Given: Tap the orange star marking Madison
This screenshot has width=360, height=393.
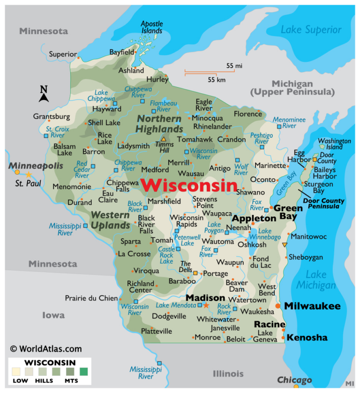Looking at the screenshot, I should [206, 305].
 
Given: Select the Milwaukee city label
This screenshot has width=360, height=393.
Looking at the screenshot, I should [312, 306].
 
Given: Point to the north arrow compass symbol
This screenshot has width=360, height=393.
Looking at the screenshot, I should [44, 94].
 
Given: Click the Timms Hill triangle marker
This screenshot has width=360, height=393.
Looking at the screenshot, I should [164, 139].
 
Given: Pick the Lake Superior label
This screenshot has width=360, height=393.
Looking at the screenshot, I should [311, 30].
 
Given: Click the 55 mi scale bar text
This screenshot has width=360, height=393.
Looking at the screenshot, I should [234, 66].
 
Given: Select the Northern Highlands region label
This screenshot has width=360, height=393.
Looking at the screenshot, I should [159, 124].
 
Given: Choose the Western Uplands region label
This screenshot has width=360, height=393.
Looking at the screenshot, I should [110, 221].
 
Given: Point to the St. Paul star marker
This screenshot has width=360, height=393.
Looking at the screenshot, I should [28, 174].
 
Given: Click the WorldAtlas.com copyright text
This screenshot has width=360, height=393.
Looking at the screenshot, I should [45, 349].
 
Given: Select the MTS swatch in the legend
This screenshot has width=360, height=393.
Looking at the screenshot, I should [83, 372].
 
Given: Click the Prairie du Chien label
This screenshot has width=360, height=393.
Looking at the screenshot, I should [91, 298].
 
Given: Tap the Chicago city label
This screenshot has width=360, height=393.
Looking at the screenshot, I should [294, 379].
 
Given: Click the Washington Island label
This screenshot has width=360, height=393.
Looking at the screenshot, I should [334, 144].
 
